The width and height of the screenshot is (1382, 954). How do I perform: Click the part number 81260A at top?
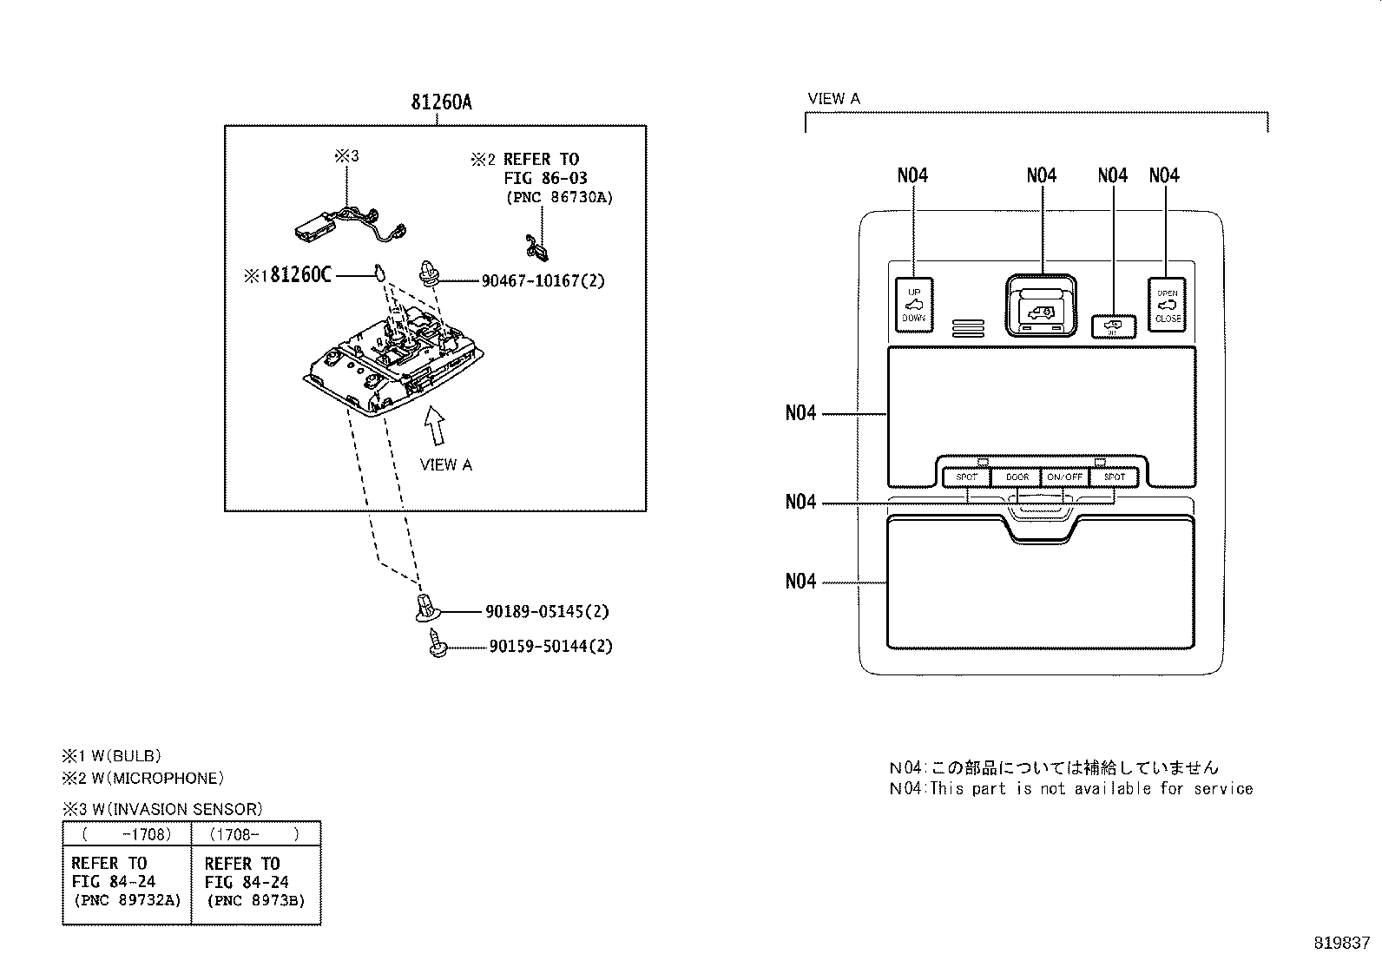coord(441,102)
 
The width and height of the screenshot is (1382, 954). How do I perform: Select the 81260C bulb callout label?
coord(299,275)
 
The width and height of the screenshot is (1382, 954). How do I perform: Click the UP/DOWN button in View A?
coord(913,305)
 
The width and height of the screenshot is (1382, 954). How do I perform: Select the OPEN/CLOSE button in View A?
coord(1168,305)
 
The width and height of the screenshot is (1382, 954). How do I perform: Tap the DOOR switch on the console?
coord(1017,477)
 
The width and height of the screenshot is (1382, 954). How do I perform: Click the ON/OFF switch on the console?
coord(1064,477)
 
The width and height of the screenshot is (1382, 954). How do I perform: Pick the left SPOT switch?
coord(966,477)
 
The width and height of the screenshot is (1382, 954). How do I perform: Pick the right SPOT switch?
coord(1114,477)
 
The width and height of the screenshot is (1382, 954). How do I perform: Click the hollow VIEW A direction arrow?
coord(434,426)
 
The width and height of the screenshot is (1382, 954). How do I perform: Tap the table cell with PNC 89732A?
coord(127,882)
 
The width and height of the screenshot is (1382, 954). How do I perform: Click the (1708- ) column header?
coord(254,834)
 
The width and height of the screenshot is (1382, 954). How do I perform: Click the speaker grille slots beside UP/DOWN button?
coord(967,327)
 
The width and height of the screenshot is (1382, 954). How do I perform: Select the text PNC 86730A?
coord(559,197)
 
